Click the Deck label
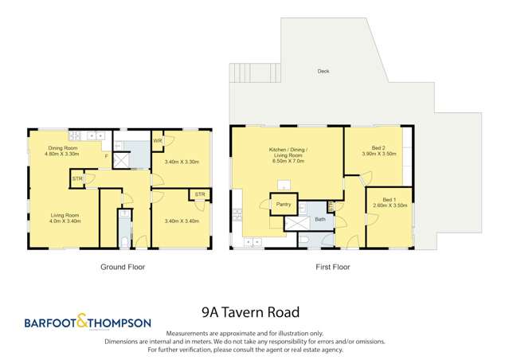point(323,72)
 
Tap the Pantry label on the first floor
point(283,204)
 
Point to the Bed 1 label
point(389,198)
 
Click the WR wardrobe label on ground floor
point(158,142)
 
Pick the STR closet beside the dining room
point(77,179)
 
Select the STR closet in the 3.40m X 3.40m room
point(197,194)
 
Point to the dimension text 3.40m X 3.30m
point(181,162)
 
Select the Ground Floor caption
point(122,268)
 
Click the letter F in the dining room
point(107,156)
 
